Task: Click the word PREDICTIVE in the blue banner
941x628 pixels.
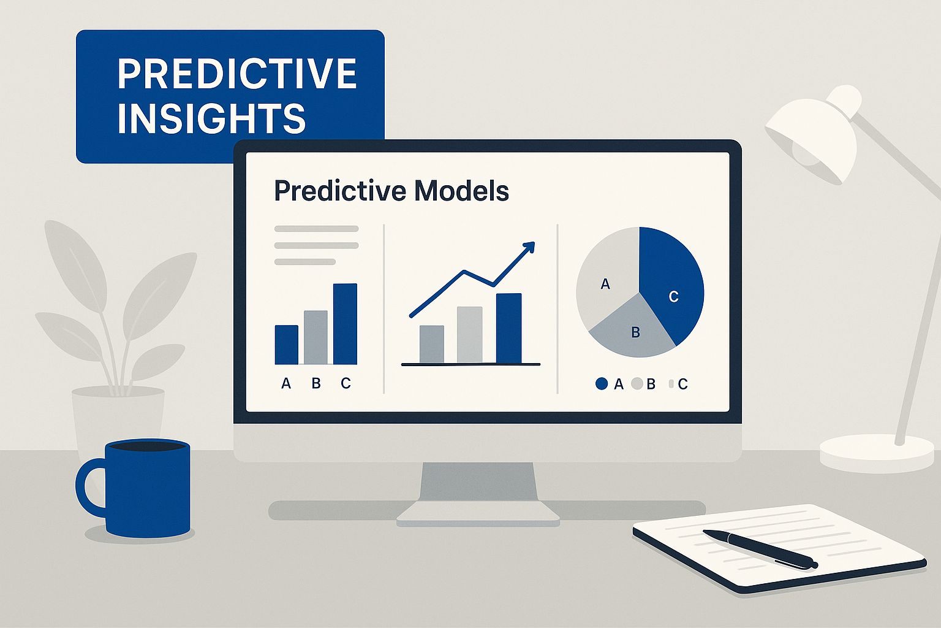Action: (237, 74)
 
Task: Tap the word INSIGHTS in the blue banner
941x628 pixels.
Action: (211, 118)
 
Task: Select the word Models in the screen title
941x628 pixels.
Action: (461, 191)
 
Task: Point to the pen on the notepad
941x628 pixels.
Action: (760, 549)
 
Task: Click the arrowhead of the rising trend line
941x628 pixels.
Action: (529, 247)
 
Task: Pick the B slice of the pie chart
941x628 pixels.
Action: (632, 330)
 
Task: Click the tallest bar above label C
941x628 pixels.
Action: (345, 324)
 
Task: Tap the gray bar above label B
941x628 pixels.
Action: (316, 337)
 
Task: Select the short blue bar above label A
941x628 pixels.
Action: (287, 345)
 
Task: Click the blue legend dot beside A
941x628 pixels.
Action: (602, 384)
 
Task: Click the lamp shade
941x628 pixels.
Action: (813, 134)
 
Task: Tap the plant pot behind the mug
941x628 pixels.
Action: (118, 416)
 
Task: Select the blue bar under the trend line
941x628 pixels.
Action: (508, 328)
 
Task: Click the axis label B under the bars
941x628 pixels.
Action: (316, 383)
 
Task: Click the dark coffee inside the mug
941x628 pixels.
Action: (148, 445)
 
